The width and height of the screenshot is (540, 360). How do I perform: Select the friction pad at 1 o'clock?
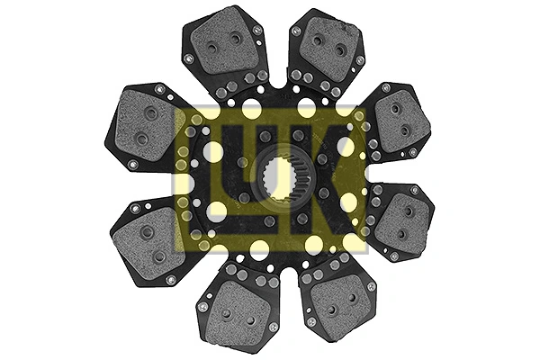(x=327, y=49)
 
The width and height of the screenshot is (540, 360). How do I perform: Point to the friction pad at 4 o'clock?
(x=400, y=221)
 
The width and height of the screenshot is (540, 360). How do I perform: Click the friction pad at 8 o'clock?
(x=148, y=239)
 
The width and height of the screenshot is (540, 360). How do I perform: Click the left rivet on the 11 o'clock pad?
(x=212, y=47)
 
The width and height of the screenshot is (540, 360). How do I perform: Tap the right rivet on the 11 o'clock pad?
(x=236, y=39)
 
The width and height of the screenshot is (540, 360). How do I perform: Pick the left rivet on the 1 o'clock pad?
(x=317, y=40)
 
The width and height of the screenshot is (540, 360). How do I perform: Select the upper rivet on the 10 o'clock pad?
(x=150, y=113)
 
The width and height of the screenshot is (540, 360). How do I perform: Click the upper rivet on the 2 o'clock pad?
(x=396, y=108)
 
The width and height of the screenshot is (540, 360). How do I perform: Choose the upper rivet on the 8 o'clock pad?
(x=147, y=232)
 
